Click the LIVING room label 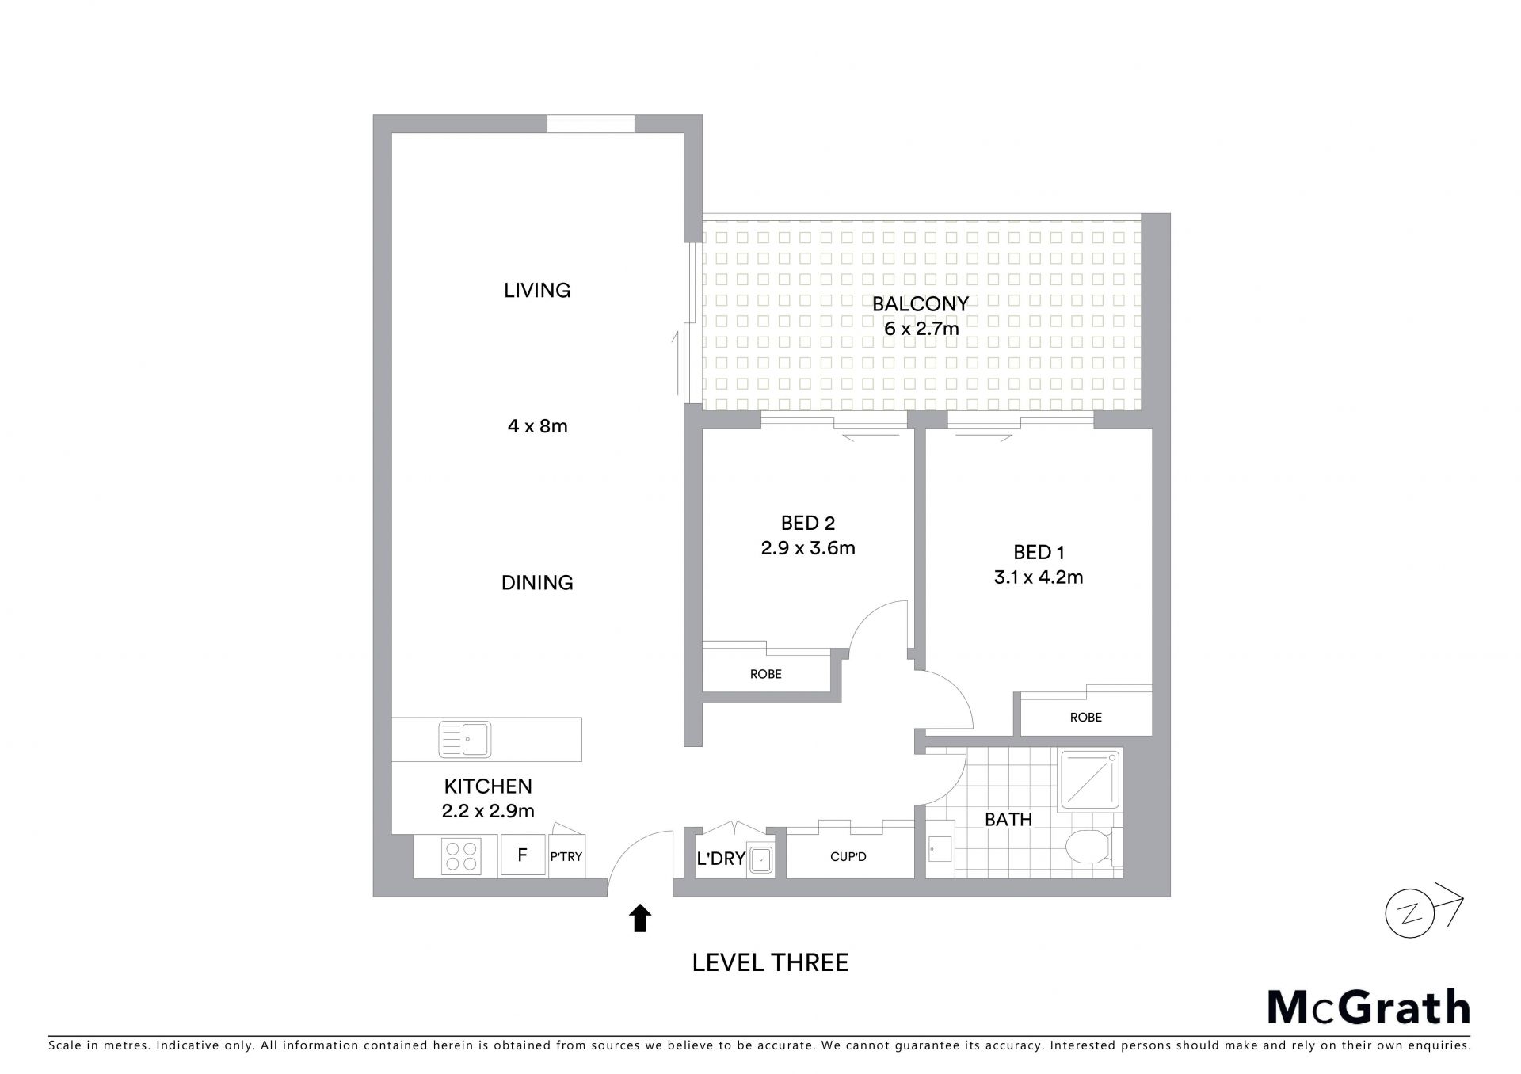[537, 290]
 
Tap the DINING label [537, 583]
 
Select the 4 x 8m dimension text [537, 426]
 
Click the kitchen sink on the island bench [464, 739]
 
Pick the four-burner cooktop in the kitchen [461, 856]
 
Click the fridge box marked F [523, 855]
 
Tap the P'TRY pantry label [566, 857]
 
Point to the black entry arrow [640, 919]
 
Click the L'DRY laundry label [721, 859]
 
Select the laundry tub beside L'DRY [761, 859]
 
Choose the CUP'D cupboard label [848, 857]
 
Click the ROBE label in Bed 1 [1085, 718]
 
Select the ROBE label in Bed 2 [765, 674]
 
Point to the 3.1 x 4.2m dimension [1039, 577]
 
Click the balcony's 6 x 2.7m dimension [921, 328]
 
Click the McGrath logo [1368, 1007]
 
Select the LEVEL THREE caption [770, 962]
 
